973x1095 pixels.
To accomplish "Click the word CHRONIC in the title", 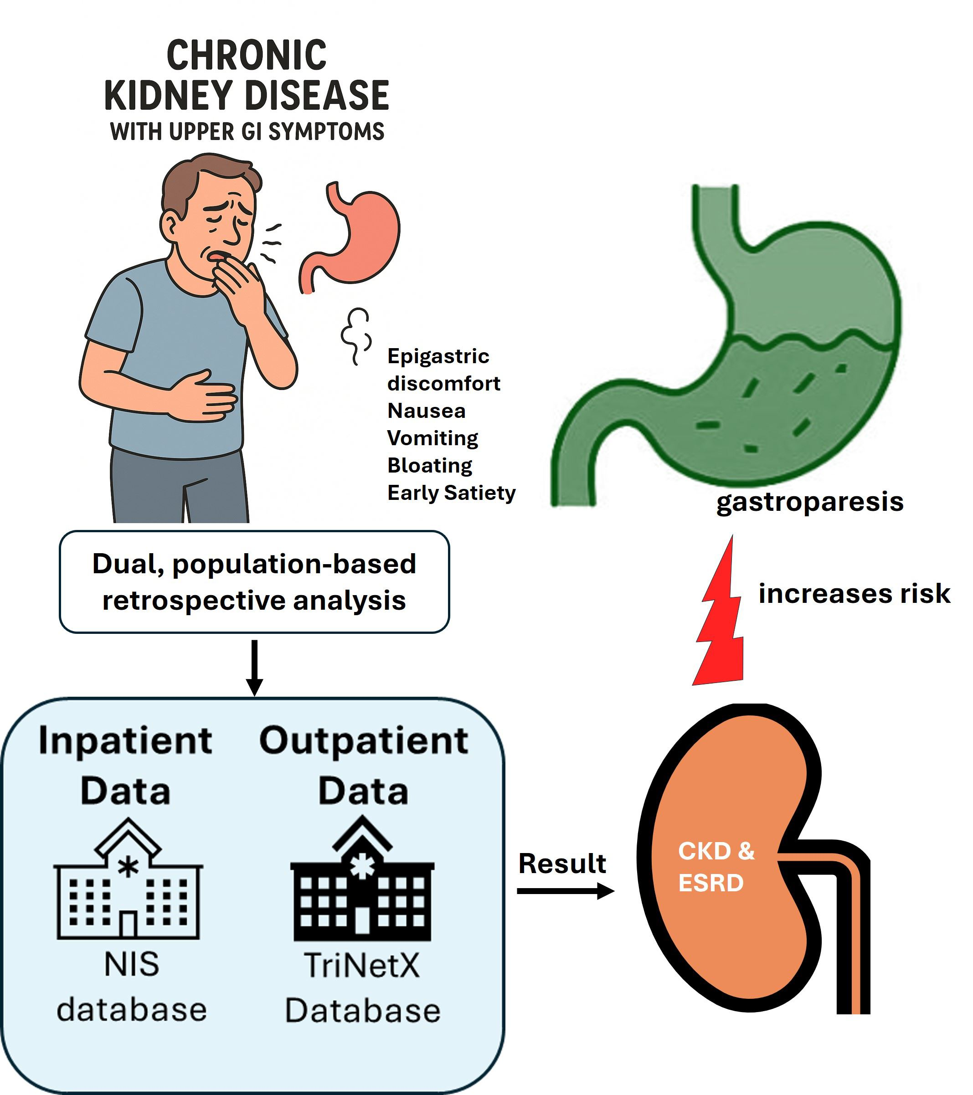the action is (247, 55).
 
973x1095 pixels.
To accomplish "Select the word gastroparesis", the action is (809, 502).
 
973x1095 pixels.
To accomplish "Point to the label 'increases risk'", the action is (854, 594).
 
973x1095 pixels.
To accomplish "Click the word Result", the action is (562, 864).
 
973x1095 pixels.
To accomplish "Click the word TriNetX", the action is (362, 965).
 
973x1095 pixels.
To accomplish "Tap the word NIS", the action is (132, 964).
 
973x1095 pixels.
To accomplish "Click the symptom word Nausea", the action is (427, 411).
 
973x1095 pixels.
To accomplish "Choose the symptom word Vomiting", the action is (432, 438).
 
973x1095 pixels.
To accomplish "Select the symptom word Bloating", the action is (430, 466).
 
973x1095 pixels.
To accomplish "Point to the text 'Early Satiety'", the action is (451, 493).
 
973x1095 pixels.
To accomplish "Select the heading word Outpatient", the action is (364, 741).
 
